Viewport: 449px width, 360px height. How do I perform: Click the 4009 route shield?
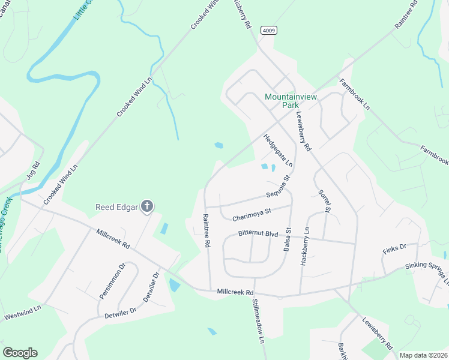pyautogui.click(x=268, y=30)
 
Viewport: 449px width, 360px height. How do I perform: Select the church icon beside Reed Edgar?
pyautogui.click(x=146, y=208)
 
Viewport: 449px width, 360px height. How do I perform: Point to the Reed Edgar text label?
pyautogui.click(x=117, y=208)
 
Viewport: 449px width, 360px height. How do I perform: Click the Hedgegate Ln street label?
pyautogui.click(x=278, y=151)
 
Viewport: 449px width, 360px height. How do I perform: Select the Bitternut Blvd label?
pyautogui.click(x=258, y=233)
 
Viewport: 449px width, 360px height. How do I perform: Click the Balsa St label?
pyautogui.click(x=288, y=238)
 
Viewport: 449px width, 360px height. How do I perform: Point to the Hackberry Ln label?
pyautogui.click(x=307, y=238)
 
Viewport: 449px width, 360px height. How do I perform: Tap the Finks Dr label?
pyautogui.click(x=394, y=247)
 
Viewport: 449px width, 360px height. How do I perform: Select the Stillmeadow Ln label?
pyautogui.click(x=259, y=320)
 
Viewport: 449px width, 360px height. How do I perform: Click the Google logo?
pyautogui.click(x=20, y=353)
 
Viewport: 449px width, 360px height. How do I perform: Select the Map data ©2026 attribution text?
pyautogui.click(x=423, y=355)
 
